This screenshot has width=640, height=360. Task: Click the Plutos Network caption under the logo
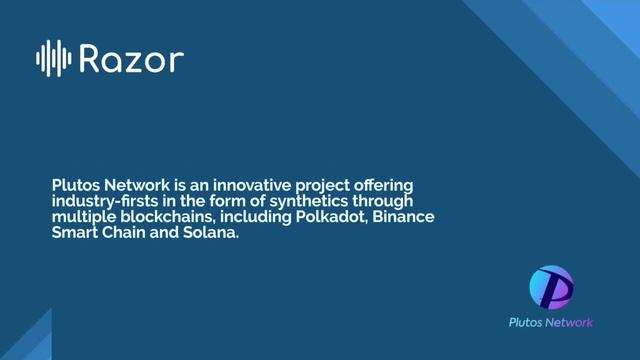pos(550,322)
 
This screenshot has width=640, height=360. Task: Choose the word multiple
pos(83,217)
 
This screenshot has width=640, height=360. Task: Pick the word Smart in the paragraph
pos(74,232)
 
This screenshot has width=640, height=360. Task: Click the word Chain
pos(126,232)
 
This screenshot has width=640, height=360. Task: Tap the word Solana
pos(210,232)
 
